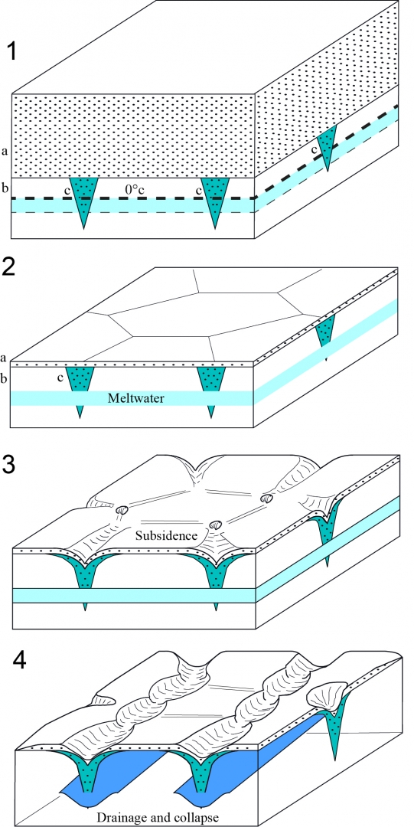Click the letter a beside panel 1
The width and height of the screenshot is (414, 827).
(x=5, y=152)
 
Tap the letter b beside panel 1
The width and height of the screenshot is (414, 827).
(x=5, y=188)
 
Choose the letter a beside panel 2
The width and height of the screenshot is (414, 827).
(x=5, y=358)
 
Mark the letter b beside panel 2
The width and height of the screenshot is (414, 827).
(x=5, y=378)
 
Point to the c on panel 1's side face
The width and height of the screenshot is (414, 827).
(x=315, y=150)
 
